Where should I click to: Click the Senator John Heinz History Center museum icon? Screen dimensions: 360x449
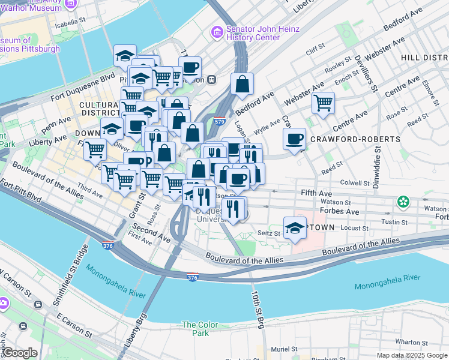(216, 31)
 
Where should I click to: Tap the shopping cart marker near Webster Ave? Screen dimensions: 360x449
(323, 103)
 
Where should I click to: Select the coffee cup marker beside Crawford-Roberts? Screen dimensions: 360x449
(294, 140)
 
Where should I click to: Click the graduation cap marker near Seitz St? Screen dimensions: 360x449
(295, 229)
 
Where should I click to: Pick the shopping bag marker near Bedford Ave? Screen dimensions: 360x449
(242, 85)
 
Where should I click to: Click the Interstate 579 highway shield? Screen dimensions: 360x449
(219, 121)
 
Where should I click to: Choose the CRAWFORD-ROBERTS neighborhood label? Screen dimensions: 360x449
(355, 139)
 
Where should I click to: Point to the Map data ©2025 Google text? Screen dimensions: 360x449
(411, 355)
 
